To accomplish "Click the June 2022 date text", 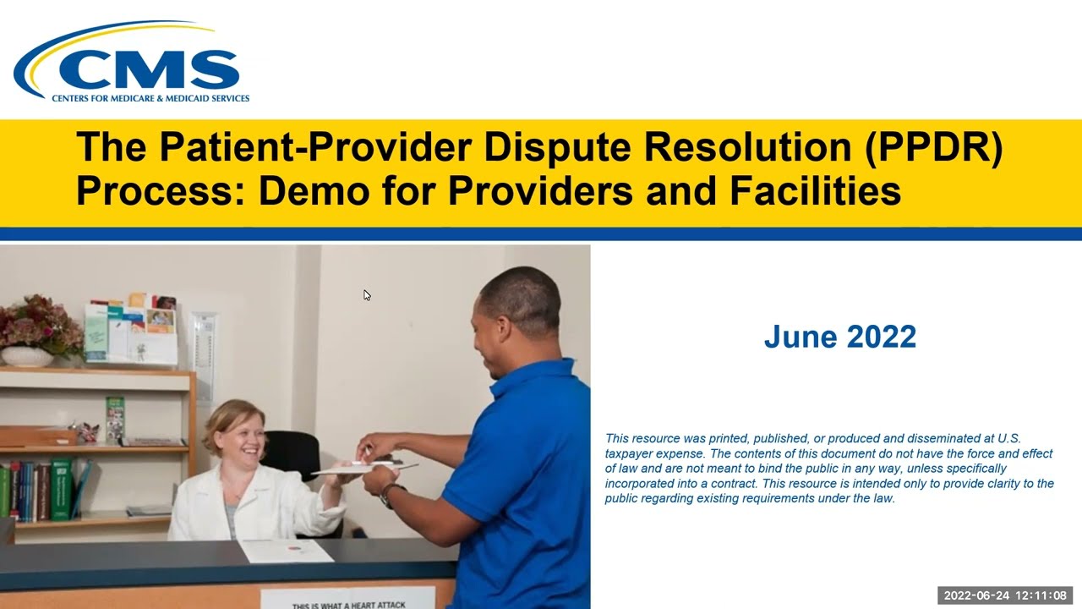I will pos(839,337).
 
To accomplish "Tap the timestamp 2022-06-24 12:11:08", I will pos(1005,595).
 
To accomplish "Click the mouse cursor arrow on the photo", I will pos(366,294).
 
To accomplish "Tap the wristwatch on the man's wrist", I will pos(388,496).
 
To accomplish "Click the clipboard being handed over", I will pos(363,467).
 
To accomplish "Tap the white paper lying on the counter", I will pos(286,551).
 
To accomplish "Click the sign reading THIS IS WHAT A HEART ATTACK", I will pos(348,602).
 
